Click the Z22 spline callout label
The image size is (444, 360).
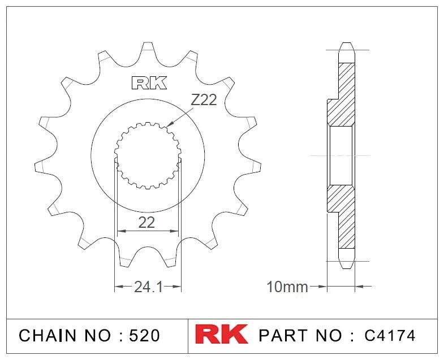(x=204, y=100)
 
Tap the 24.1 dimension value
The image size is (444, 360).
(x=149, y=287)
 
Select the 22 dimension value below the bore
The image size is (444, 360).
(x=146, y=223)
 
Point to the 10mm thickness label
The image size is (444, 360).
(x=287, y=287)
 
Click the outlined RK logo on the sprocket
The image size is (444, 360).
(x=149, y=83)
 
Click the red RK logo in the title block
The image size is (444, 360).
(x=221, y=334)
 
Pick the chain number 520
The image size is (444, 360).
(x=144, y=335)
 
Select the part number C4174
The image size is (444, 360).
(x=390, y=335)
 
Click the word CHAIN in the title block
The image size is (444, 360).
(x=48, y=335)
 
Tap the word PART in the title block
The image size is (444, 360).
(x=283, y=335)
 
